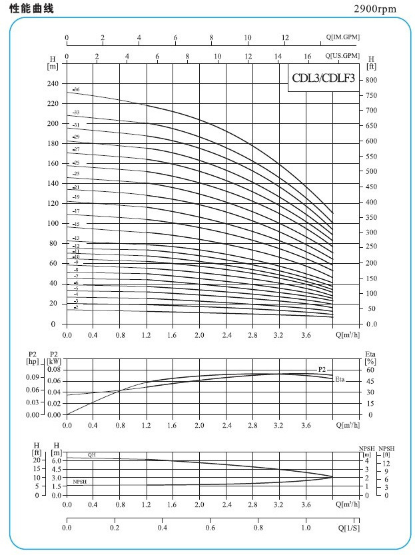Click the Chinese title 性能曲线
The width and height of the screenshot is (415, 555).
[29, 9]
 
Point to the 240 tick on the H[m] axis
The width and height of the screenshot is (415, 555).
[53, 84]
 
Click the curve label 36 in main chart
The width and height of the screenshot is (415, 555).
[77, 89]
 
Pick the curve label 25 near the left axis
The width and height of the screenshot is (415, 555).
[77, 163]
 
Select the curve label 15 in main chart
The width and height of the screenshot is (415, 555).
[77, 225]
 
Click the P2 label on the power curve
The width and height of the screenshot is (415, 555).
[322, 368]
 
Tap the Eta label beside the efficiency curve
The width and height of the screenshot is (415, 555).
[340, 379]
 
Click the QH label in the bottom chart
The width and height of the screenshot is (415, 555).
[92, 454]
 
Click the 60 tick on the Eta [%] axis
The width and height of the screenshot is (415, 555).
[370, 369]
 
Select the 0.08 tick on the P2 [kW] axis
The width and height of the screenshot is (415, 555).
[55, 369]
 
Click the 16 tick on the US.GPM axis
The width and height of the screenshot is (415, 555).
[307, 56]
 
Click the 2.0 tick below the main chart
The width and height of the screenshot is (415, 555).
[199, 336]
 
